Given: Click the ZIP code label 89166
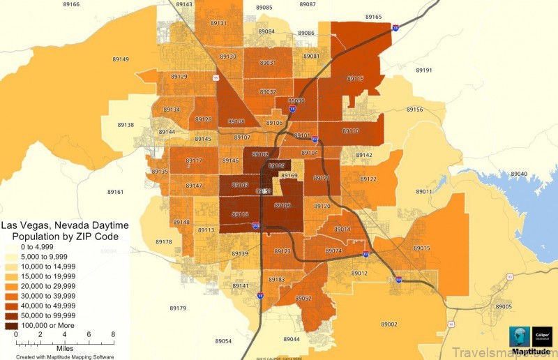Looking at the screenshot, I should click(70, 5).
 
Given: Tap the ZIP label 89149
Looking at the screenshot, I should click(119, 59).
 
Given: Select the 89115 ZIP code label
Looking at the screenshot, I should click(355, 79).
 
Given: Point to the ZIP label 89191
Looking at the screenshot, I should click(423, 70).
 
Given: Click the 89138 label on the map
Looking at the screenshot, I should click(126, 125).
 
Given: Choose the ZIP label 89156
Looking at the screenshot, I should click(414, 110).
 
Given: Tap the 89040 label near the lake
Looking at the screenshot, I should click(519, 174).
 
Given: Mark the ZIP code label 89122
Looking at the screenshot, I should click(368, 179).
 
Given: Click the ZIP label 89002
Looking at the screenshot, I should click(389, 324).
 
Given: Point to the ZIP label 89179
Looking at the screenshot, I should click(178, 308).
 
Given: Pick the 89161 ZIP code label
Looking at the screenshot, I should click(115, 192).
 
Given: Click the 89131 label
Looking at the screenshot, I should click(218, 23).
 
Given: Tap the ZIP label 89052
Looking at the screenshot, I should click(303, 298).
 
